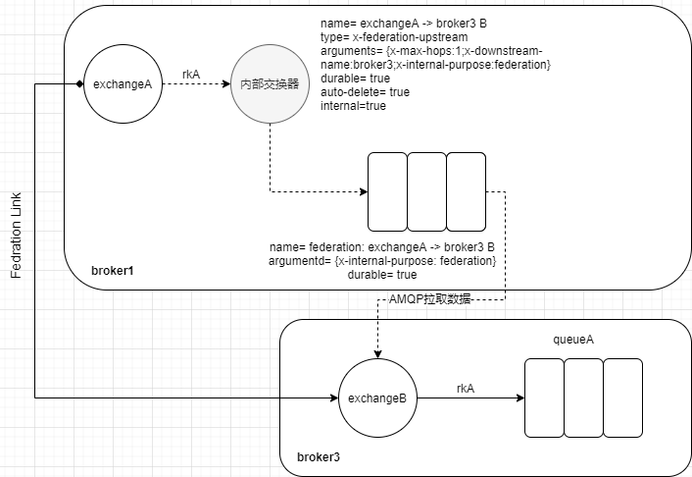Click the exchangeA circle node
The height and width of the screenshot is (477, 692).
pos(122,84)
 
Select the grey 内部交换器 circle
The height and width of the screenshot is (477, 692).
pos(270,84)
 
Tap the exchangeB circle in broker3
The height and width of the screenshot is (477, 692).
pos(377,398)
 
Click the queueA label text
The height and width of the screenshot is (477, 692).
pos(574,339)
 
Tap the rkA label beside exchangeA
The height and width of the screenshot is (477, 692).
pos(191,73)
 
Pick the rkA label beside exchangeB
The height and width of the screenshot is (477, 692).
pos(466,388)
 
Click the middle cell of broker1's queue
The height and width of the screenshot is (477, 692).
pos(426,190)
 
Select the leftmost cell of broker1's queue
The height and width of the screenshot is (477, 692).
pos(387,190)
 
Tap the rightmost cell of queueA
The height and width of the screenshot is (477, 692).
pos(622,397)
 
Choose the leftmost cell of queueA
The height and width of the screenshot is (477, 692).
pos(544,397)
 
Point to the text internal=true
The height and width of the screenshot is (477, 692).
pos(353,105)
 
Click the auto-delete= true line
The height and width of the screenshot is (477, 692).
pos(366,91)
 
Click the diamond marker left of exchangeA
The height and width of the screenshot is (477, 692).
pos(79,84)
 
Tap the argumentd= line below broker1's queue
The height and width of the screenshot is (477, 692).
pos(382,261)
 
